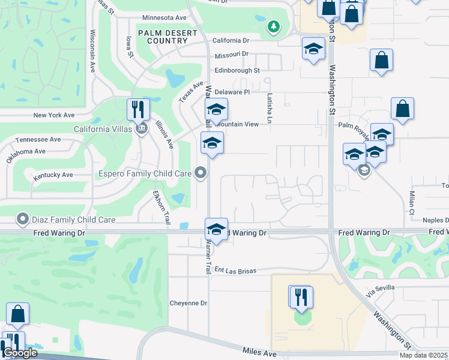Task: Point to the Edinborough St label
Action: [237, 70]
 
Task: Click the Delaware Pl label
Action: [232, 92]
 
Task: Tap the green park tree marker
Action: [274, 26]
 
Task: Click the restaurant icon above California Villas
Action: [138, 109]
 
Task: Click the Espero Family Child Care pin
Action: [200, 174]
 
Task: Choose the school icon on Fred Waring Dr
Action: [216, 229]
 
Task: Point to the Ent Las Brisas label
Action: [235, 271]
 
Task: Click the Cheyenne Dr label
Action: [188, 303]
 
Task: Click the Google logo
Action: [19, 353]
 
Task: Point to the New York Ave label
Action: [54, 115]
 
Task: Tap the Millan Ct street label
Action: [412, 203]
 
